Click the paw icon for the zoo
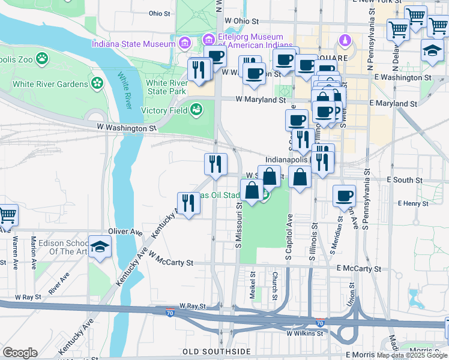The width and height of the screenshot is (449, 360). tap(41, 58)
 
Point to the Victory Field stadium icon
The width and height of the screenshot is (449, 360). tap(196, 109)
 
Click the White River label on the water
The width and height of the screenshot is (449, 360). tap(125, 91)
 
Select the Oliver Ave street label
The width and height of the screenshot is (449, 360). tap(125, 232)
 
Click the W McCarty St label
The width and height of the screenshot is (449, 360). tap(172, 262)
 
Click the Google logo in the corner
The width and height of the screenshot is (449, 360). tap(20, 352)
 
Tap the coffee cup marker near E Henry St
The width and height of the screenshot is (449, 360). tap(344, 196)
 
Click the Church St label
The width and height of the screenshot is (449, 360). tap(274, 286)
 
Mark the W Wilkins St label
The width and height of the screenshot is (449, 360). tap(305, 332)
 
